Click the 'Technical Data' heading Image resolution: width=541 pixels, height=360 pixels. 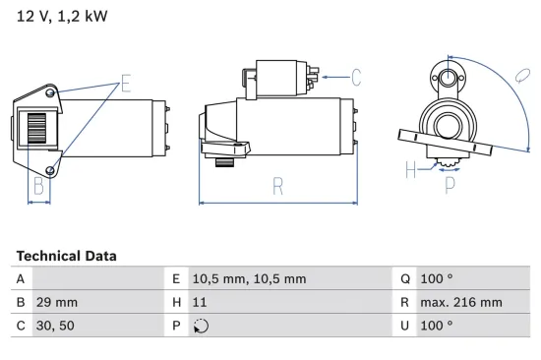66,256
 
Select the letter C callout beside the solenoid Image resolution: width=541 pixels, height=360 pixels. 356,76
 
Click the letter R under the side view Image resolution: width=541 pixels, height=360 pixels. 278,184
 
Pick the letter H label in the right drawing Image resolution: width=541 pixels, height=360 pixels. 409,170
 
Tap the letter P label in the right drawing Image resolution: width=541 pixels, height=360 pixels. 450,183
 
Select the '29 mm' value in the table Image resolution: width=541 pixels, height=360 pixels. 57,303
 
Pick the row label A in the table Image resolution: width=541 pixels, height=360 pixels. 21,278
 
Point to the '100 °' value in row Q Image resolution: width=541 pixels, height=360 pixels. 436,278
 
